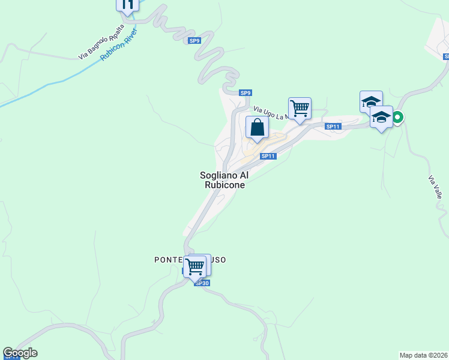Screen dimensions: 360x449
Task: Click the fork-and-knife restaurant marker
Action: pyautogui.click(x=127, y=5)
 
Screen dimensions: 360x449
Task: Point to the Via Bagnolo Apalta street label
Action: pyautogui.click(x=101, y=42)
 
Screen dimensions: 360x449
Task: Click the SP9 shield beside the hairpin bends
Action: pyautogui.click(x=194, y=41)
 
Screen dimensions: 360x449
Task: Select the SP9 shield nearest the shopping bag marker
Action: pyautogui.click(x=245, y=93)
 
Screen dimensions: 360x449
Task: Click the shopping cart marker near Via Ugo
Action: pyautogui.click(x=300, y=109)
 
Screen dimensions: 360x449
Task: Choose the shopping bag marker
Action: pyautogui.click(x=257, y=128)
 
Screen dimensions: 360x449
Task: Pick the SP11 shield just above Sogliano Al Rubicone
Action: pyautogui.click(x=268, y=156)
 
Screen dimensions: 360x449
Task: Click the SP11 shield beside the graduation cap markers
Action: pyautogui.click(x=334, y=127)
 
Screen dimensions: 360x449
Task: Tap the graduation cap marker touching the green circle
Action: pyautogui.click(x=381, y=117)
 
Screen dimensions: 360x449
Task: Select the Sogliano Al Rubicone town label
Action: pyautogui.click(x=223, y=180)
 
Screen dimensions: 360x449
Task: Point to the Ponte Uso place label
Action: pyautogui.click(x=190, y=260)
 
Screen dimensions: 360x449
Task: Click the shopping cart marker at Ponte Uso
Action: pyautogui.click(x=195, y=266)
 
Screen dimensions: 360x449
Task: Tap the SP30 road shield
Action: pyautogui.click(x=202, y=283)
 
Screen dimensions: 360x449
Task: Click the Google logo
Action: pyautogui.click(x=20, y=353)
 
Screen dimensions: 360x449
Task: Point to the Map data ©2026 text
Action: pyautogui.click(x=423, y=355)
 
